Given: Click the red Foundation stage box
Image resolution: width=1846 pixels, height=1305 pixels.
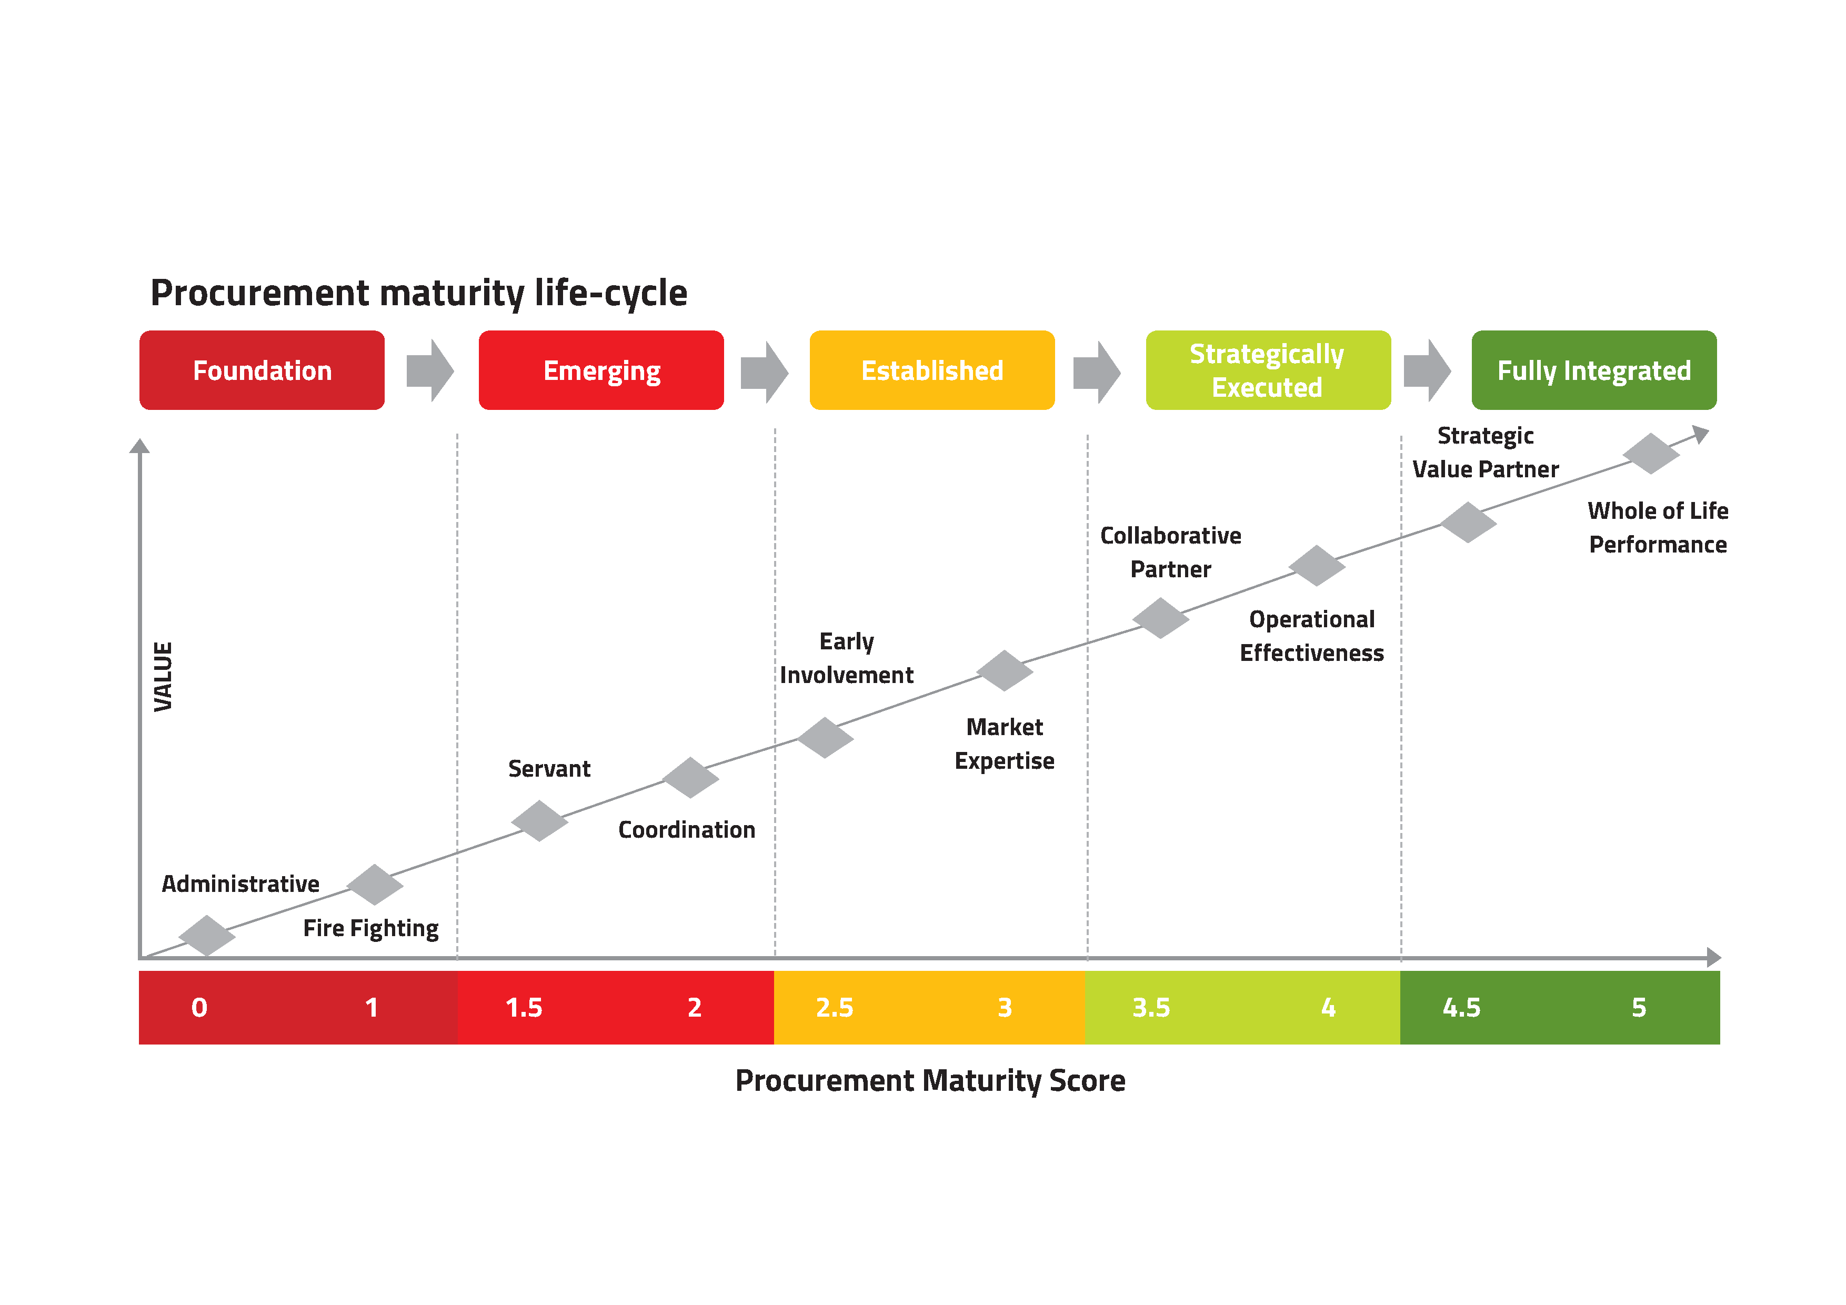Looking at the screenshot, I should click(262, 370).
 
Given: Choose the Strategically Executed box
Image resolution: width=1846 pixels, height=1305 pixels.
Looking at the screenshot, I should click(1267, 370).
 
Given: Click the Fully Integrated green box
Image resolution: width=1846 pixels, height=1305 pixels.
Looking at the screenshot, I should click(1593, 370).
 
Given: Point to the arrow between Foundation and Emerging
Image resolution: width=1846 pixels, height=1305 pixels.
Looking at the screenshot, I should click(430, 370).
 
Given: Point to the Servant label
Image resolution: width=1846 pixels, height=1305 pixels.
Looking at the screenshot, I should click(549, 769).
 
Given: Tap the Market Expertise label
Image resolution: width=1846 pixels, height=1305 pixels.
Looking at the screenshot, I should click(1004, 744).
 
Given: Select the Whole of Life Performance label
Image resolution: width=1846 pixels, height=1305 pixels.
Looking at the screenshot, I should click(1657, 527).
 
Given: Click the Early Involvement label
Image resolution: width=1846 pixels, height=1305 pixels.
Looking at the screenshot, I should click(847, 658).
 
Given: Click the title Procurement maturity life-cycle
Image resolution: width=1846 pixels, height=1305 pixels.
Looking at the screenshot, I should click(419, 293).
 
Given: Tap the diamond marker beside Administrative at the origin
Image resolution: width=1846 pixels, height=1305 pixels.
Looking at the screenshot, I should click(207, 935).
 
